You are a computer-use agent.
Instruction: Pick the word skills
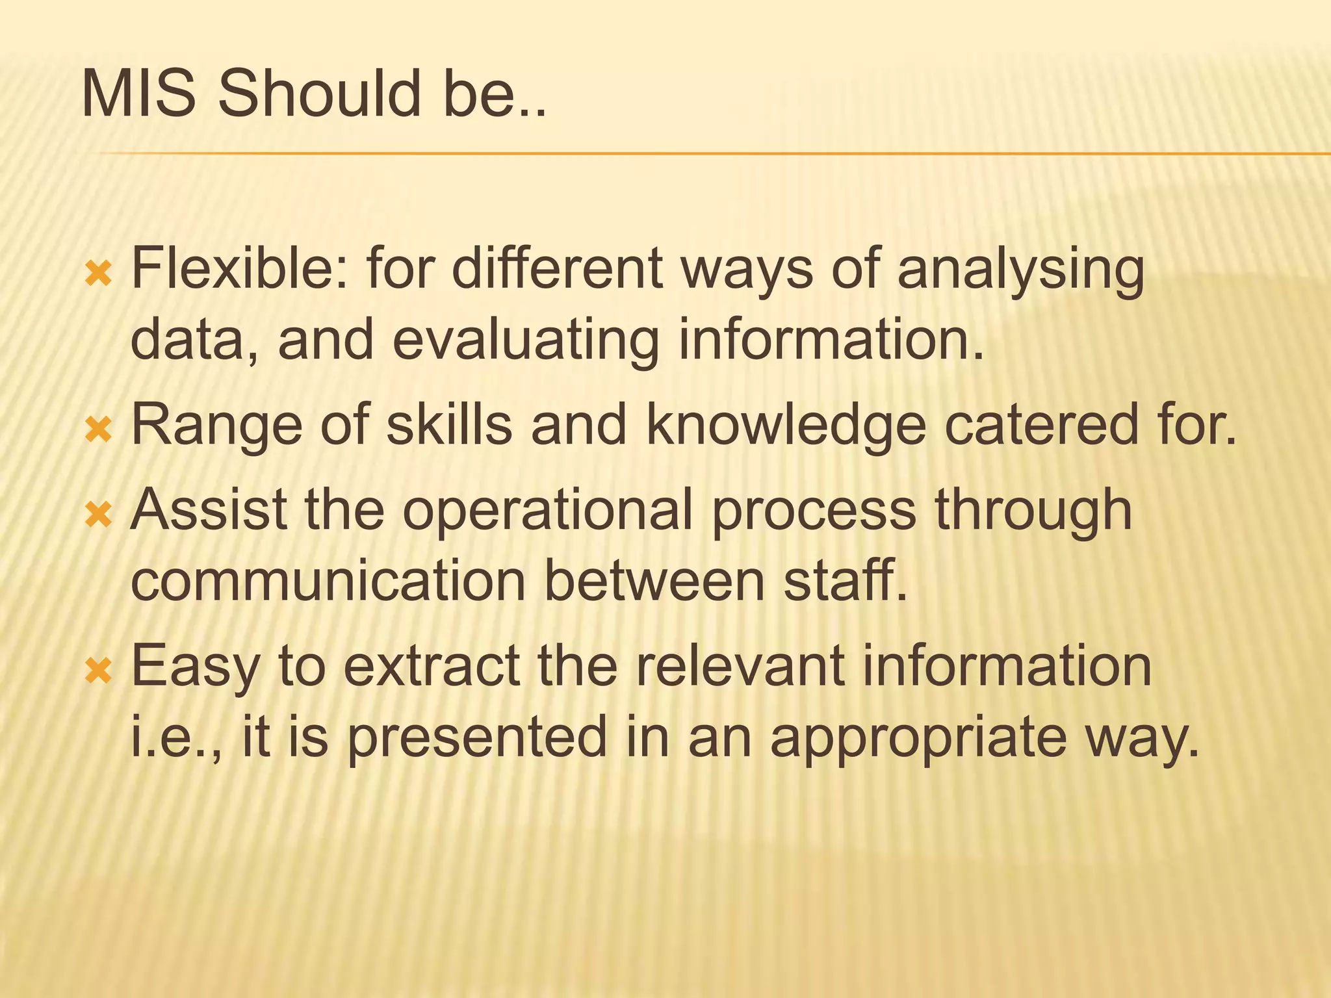(449, 424)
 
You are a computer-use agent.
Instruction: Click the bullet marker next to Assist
(99, 515)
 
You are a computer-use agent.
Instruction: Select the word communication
(328, 580)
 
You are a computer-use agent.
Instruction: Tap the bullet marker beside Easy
(99, 671)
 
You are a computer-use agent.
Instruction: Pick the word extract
(432, 666)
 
